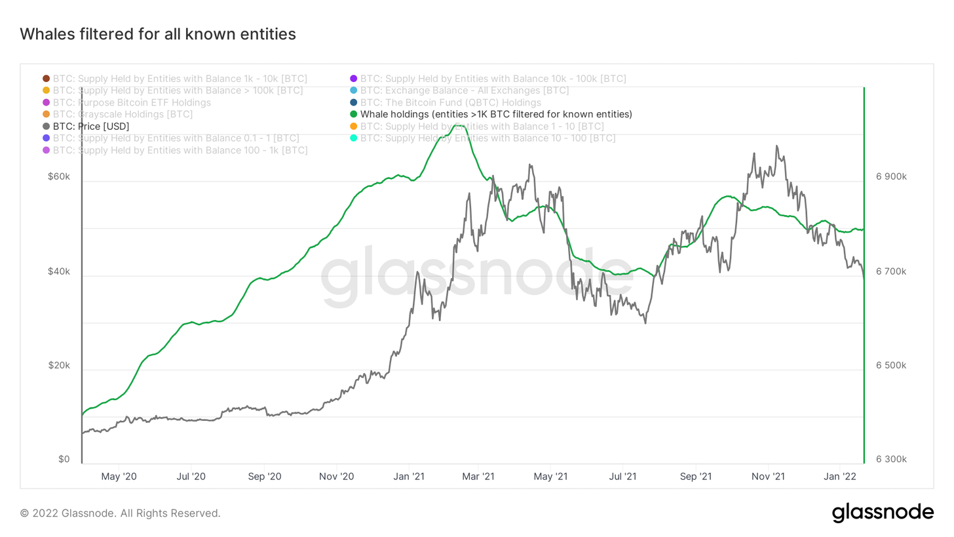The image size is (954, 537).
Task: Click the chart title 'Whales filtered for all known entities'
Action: pyautogui.click(x=158, y=34)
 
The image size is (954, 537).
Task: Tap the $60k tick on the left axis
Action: pyautogui.click(x=59, y=177)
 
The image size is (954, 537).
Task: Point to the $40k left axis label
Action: pyautogui.click(x=59, y=271)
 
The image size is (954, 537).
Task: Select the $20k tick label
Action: pyautogui.click(x=59, y=365)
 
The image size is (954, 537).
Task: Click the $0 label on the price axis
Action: pyautogui.click(x=64, y=460)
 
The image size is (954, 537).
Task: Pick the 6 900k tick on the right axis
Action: pyautogui.click(x=890, y=177)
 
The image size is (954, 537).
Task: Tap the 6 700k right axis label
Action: pyautogui.click(x=890, y=271)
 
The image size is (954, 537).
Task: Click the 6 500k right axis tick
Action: pyautogui.click(x=890, y=365)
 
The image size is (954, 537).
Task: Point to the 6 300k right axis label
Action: pyautogui.click(x=890, y=460)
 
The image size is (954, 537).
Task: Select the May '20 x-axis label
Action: pyautogui.click(x=120, y=476)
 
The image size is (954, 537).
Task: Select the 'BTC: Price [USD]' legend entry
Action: pyautogui.click(x=90, y=126)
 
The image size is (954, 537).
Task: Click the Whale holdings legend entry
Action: pyautogui.click(x=496, y=114)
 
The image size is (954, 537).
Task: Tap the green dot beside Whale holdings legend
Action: pyautogui.click(x=354, y=114)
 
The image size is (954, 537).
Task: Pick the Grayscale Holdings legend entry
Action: pyautogui.click(x=123, y=114)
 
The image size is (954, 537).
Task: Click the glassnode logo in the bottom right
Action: pyautogui.click(x=883, y=513)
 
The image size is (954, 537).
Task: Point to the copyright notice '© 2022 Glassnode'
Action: pyautogui.click(x=121, y=513)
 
